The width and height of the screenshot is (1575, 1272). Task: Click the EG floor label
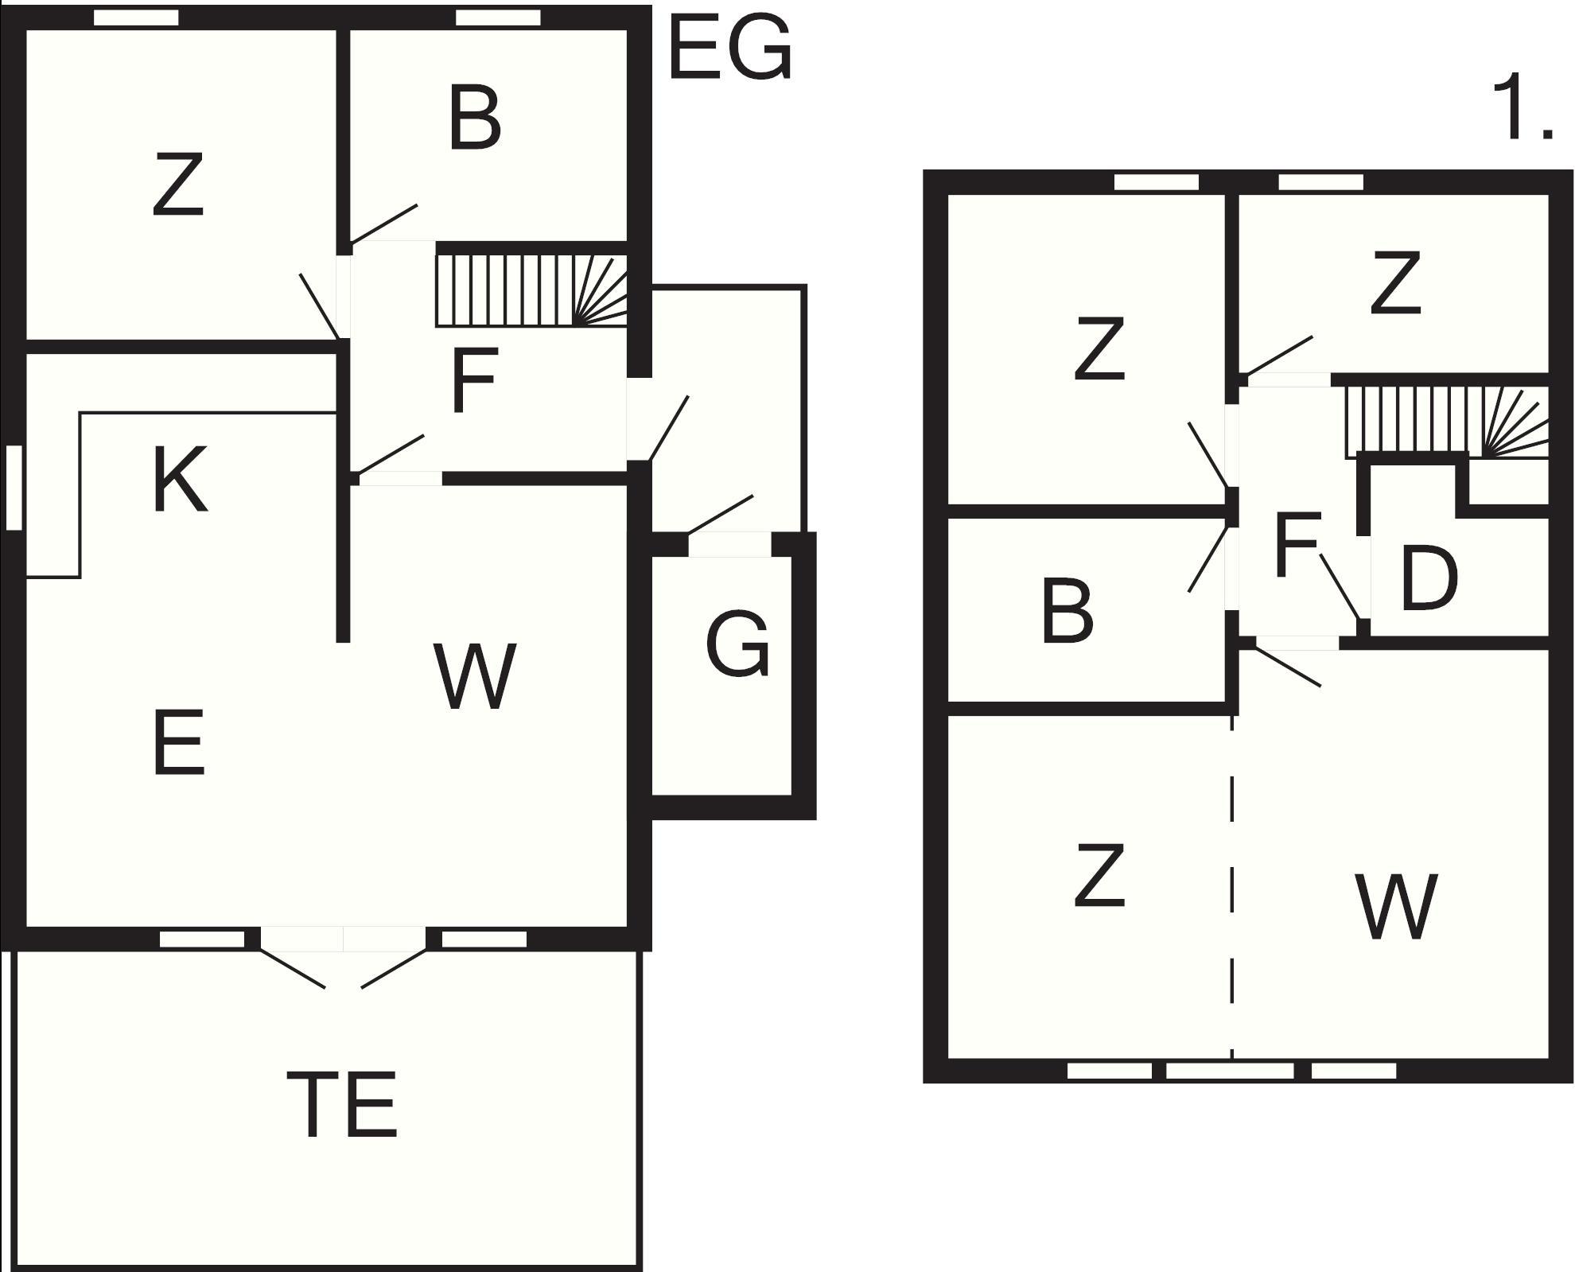730,49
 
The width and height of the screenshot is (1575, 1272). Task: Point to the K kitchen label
180,480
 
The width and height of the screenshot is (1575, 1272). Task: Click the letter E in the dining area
178,744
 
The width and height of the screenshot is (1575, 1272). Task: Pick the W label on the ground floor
475,676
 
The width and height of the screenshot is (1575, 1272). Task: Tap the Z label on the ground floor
178,186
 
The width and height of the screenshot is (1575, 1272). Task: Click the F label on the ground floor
473,380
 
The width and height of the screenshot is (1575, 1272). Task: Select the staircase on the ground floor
531,290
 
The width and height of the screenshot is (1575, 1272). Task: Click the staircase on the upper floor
1446,422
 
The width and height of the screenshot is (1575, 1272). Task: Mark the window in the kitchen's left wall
14,488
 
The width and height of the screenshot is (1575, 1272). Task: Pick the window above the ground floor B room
498,18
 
